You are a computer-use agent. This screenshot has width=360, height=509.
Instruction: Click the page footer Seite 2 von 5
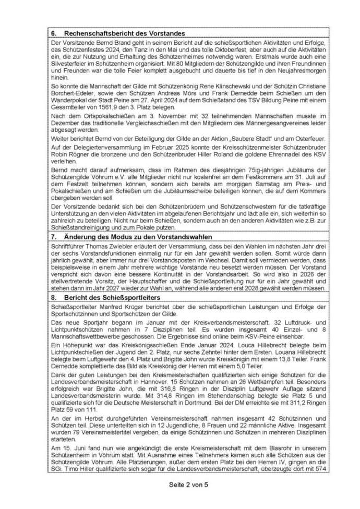pyautogui.click(x=179, y=484)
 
